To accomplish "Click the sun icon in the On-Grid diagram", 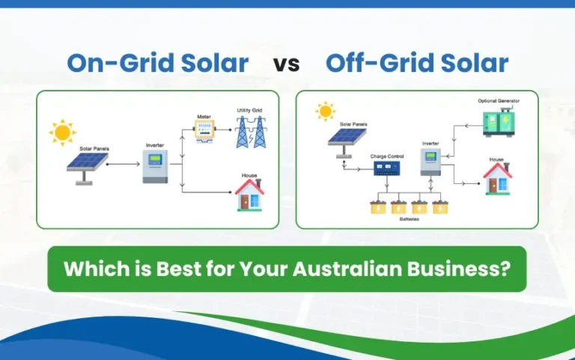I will [x=62, y=132].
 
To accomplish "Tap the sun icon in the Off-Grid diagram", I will [x=325, y=112].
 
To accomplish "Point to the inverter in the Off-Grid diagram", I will [x=431, y=160].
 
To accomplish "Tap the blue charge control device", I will [x=387, y=168].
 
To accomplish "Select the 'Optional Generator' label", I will [x=499, y=100].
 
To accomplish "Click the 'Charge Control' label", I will [x=387, y=156].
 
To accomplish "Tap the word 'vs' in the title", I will [x=287, y=64].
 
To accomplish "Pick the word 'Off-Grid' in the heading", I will [x=372, y=63].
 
